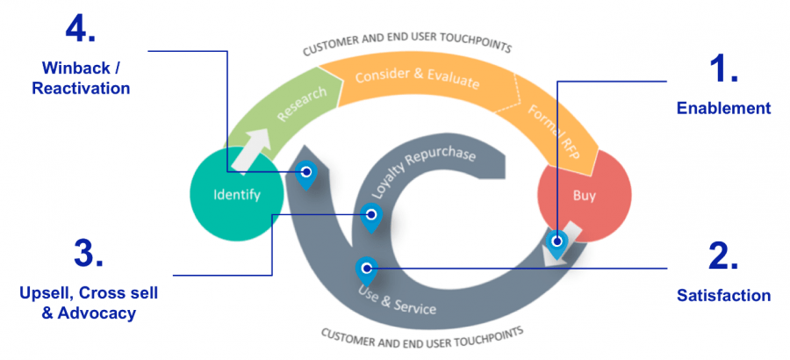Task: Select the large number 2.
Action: point(722,256)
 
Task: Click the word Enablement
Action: point(723,109)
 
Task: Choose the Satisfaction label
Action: point(723,296)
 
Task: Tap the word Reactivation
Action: point(81,88)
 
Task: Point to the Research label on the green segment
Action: point(302,104)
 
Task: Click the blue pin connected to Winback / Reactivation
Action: point(305,174)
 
